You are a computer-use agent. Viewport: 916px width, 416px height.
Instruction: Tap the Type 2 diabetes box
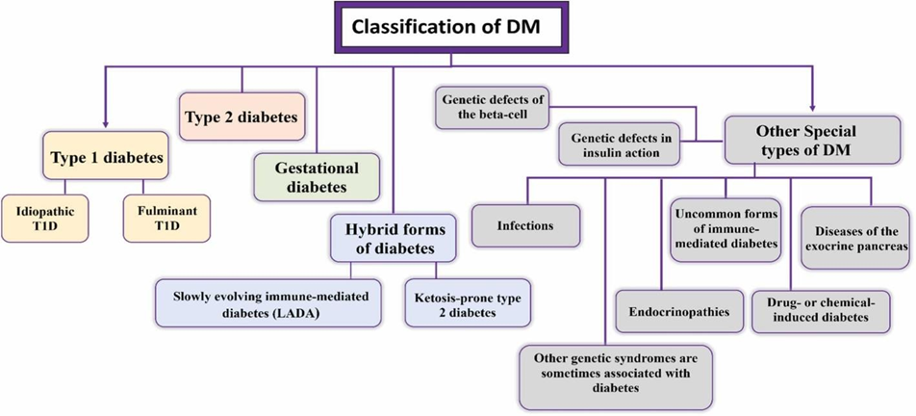[x=241, y=117]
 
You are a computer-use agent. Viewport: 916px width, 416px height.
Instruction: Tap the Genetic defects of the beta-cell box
[x=488, y=108]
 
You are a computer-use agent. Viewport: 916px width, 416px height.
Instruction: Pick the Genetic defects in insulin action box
[x=620, y=143]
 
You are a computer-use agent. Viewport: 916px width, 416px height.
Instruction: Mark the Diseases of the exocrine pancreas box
[x=855, y=238]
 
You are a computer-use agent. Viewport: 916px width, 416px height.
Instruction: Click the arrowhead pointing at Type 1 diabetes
[x=105, y=123]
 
